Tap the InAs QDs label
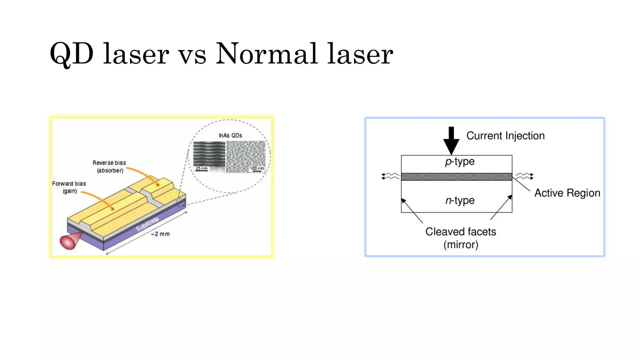[x=230, y=135]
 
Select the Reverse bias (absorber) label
[x=109, y=167]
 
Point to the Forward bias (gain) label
[x=69, y=187]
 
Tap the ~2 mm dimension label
[x=160, y=234]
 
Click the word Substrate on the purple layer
[x=147, y=224]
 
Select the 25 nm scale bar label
[x=202, y=169]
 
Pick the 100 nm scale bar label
[x=257, y=169]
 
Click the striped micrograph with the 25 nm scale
[x=209, y=154]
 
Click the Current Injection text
[x=505, y=136]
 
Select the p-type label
[x=460, y=162]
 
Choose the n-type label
[x=460, y=200]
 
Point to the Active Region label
[x=567, y=193]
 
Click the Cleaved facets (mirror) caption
[x=461, y=238]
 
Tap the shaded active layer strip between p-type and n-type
[x=456, y=177]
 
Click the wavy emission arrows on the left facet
[x=390, y=176]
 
